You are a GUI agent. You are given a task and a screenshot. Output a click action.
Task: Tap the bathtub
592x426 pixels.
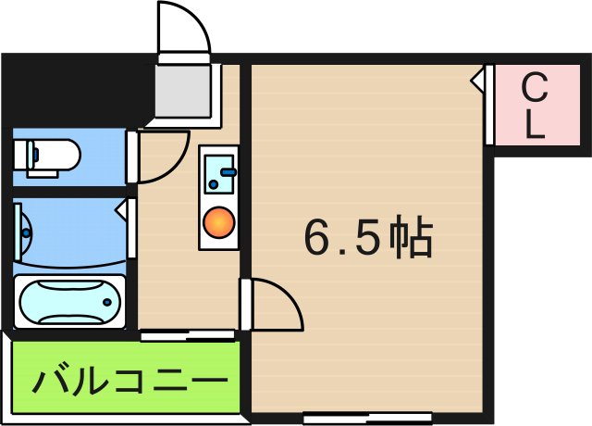(68, 302)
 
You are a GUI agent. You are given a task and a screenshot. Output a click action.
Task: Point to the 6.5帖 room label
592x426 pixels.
(367, 240)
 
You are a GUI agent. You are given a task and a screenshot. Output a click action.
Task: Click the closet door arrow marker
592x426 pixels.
(476, 81)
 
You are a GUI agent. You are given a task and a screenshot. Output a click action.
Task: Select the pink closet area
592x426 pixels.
(536, 106)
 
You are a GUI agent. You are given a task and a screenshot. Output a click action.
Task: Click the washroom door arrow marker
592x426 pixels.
(122, 210)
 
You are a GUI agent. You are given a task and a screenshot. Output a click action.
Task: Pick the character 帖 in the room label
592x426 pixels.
(410, 240)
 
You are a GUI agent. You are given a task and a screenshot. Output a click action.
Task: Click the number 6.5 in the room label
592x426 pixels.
(340, 240)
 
